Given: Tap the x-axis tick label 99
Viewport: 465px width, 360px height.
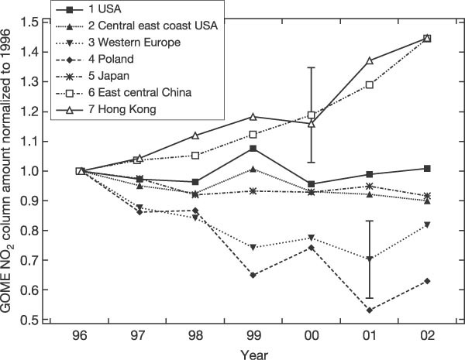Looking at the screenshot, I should (x=253, y=337).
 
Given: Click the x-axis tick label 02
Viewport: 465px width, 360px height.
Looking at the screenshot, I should (x=426, y=337).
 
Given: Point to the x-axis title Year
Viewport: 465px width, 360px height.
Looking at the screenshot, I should (x=253, y=352).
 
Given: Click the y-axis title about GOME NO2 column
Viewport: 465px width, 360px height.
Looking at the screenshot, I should (x=10, y=170).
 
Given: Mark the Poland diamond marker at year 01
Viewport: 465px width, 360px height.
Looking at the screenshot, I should (x=369, y=310).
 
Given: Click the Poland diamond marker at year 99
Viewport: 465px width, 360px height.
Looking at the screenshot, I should (x=253, y=275).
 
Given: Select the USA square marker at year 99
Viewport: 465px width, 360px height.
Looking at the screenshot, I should (x=253, y=148).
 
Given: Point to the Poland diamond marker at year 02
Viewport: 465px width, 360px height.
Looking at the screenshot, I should (x=426, y=281).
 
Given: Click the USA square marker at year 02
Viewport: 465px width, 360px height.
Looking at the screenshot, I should (x=426, y=168).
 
